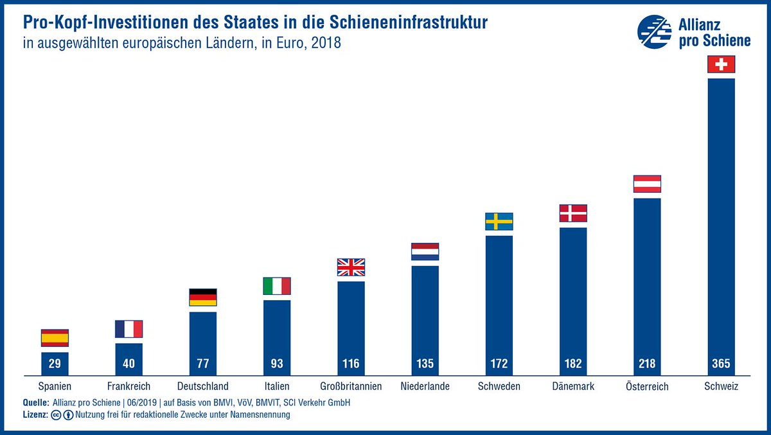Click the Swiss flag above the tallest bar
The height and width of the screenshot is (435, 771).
tap(721, 64)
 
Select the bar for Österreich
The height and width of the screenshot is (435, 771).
tap(647, 283)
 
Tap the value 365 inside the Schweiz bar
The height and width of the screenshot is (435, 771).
tap(721, 364)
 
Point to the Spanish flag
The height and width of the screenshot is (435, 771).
tap(55, 338)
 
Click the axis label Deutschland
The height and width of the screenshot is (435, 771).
tap(202, 386)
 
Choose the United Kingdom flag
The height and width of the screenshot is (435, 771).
tap(351, 267)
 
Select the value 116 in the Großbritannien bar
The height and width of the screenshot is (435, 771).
tap(351, 364)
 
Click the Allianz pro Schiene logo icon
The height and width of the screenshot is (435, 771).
tap(654, 32)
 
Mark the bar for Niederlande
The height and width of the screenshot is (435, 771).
tap(425, 315)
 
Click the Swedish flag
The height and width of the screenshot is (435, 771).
tap(499, 222)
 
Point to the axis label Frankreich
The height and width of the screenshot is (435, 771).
tap(128, 386)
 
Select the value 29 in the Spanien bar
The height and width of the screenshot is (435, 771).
tap(55, 364)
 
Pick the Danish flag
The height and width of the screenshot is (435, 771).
tap(573, 213)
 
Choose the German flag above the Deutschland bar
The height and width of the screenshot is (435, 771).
tap(203, 297)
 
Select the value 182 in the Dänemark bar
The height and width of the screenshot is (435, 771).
tap(573, 364)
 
